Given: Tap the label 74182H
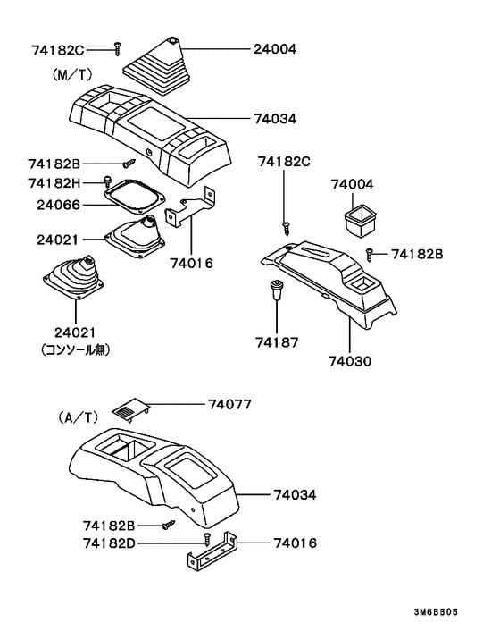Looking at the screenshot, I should coord(55,183).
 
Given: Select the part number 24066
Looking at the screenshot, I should coord(55,205).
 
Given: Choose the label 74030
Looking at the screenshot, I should coord(350,362).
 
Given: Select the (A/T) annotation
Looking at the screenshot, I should coord(78,416).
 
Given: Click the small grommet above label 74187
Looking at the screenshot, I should coord(278,290).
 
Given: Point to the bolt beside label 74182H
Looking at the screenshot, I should coord(109,182).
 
